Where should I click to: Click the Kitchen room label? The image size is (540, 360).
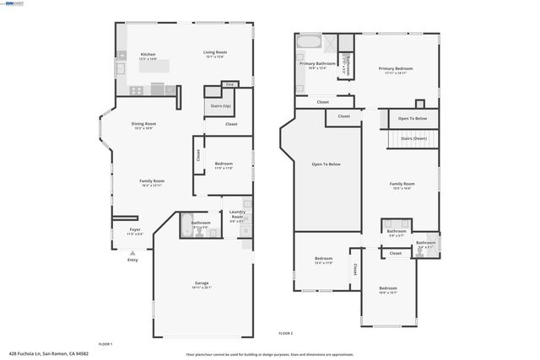tap(148, 54)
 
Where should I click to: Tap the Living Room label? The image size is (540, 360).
tap(215, 52)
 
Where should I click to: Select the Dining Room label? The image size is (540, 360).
tap(143, 124)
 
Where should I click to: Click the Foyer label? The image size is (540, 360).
tap(134, 229)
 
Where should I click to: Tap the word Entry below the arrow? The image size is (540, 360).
tap(132, 260)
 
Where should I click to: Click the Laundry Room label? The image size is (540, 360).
tap(237, 216)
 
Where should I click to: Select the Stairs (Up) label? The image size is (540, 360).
tap(220, 105)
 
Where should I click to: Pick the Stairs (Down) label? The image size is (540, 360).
tap(413, 137)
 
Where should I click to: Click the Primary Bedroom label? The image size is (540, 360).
tap(395, 69)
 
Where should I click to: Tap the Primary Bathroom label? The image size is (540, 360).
tap(318, 63)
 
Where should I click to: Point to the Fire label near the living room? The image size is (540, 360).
tap(229, 83)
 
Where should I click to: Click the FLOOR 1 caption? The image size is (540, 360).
tap(105, 344)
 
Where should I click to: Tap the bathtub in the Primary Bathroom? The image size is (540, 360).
tap(309, 41)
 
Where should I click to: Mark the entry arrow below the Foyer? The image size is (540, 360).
tap(132, 252)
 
